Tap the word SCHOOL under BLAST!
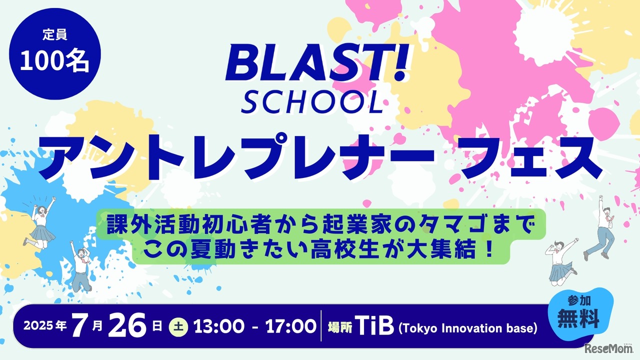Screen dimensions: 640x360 tap(312, 102)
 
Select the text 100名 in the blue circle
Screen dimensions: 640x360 tap(54, 62)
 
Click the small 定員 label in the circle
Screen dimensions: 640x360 tap(55, 34)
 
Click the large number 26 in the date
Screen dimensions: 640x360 tap(127, 326)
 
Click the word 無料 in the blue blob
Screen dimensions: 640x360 tap(578, 319)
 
